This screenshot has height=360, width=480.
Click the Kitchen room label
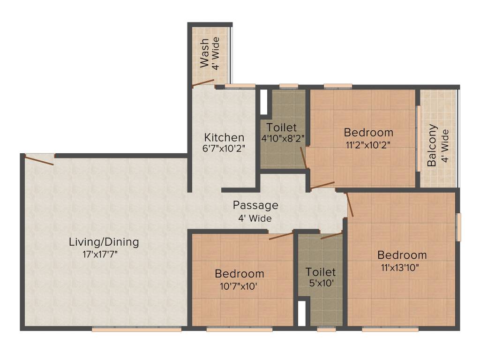pyautogui.click(x=224, y=138)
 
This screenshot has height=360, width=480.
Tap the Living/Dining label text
pyautogui.click(x=104, y=242)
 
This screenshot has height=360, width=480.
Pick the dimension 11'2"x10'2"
pyautogui.click(x=368, y=144)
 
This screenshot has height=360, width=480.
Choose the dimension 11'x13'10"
pyautogui.click(x=402, y=268)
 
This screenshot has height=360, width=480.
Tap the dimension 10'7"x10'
pyautogui.click(x=239, y=286)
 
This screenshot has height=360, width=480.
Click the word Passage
pyautogui.click(x=255, y=205)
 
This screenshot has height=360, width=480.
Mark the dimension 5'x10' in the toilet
pyautogui.click(x=321, y=284)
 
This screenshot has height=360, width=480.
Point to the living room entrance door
pyautogui.click(x=39, y=160)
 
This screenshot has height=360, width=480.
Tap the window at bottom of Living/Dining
pyautogui.click(x=136, y=330)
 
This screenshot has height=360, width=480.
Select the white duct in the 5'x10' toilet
pyautogui.click(x=302, y=313)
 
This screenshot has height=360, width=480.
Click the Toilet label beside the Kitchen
pyautogui.click(x=281, y=127)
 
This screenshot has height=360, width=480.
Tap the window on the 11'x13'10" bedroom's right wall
pyautogui.click(x=459, y=227)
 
